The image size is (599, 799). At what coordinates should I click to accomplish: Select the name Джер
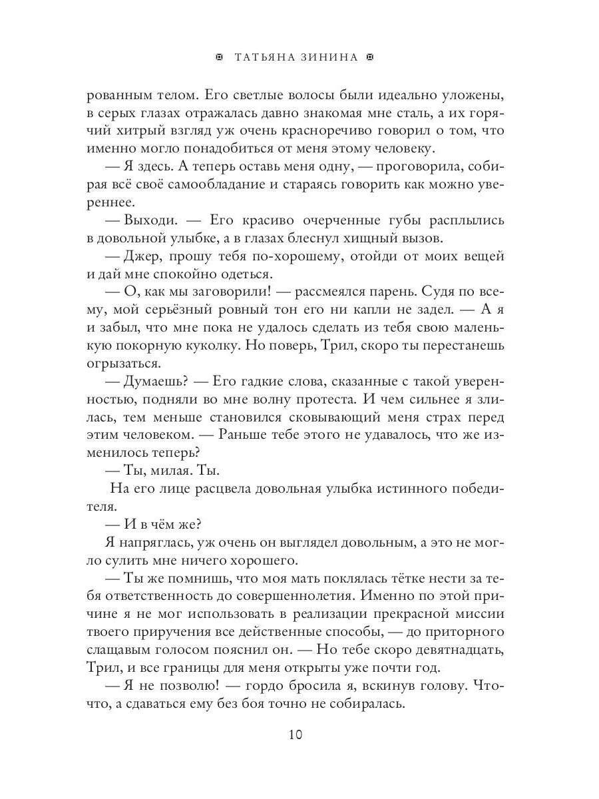(x=137, y=256)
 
